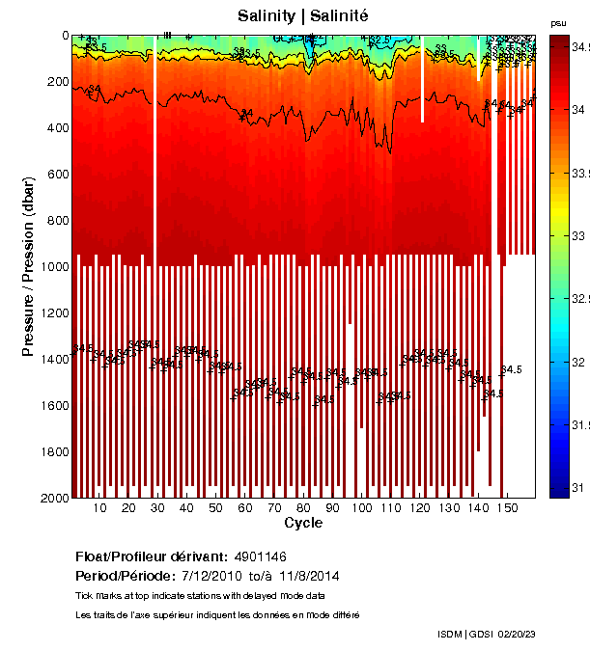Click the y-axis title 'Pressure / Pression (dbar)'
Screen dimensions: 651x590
tap(28, 266)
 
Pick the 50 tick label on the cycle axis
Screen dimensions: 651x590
tap(216, 508)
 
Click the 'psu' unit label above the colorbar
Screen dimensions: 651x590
tap(558, 22)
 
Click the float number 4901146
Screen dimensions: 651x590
tap(260, 557)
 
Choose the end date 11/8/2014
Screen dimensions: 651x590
tap(308, 576)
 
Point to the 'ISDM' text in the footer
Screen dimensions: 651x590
tap(451, 634)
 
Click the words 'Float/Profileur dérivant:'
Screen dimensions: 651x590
tap(152, 557)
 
